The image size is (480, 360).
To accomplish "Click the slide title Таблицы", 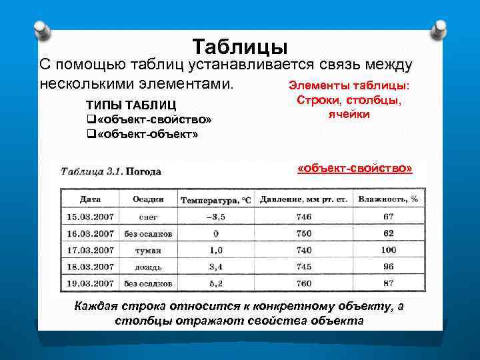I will (240, 47).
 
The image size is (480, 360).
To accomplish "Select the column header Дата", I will (90, 199).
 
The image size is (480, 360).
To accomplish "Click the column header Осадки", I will (148, 199).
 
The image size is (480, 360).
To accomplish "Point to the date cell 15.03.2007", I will (90, 216).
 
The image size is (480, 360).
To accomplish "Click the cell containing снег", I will (148, 217).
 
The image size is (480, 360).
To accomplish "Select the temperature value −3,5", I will (215, 216).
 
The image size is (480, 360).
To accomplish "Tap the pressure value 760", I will (304, 283).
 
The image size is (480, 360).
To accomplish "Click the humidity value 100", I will (388, 250).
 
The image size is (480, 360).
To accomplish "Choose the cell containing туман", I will (148, 250).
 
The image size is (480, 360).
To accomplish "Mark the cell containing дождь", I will (148, 267).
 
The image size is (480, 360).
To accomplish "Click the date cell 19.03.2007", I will (90, 283).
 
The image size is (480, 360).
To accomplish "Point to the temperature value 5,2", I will (215, 283).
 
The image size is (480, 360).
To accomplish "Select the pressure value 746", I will (304, 216).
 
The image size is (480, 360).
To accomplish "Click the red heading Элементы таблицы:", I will (349, 86).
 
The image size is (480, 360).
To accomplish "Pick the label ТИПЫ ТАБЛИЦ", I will (131, 105).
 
